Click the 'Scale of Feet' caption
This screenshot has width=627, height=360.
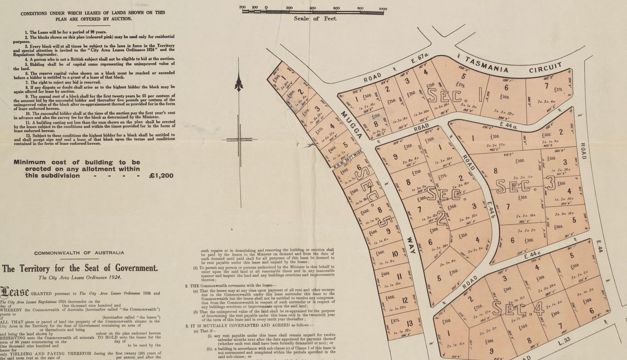click(315, 18)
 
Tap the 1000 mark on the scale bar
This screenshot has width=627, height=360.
click(382, 9)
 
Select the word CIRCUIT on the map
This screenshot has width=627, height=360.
click(545, 68)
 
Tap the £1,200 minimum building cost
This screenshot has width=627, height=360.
click(161, 176)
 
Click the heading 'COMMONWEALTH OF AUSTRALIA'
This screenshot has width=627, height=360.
click(79, 253)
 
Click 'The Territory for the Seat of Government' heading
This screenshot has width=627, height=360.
click(80, 268)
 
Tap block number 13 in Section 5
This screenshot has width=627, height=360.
click(409, 324)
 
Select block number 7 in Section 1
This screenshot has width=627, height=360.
click(547, 86)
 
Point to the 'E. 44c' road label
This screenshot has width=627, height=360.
click(532, 255)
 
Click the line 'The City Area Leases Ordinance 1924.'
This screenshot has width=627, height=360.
click(80, 278)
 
